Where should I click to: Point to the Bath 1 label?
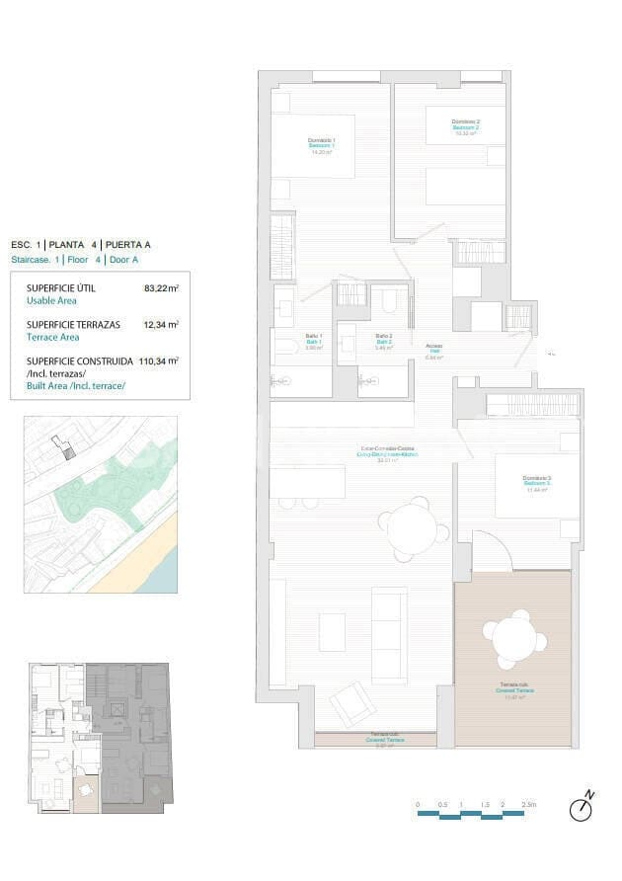314,342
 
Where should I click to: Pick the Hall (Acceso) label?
434,351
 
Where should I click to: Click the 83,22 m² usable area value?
160,288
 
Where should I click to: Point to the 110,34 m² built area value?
158,361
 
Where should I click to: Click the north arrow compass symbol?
583,808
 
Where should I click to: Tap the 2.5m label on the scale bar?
530,805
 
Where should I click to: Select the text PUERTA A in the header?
127,244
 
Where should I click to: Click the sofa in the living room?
388,633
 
